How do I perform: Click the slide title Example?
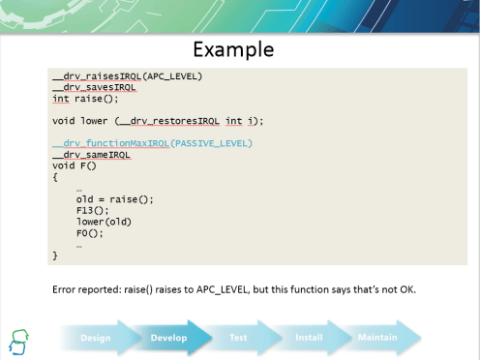[x=232, y=48]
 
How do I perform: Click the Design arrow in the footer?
[x=96, y=338]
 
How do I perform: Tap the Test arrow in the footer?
[x=239, y=338]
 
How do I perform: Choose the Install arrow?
[x=309, y=338]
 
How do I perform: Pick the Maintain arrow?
[x=377, y=338]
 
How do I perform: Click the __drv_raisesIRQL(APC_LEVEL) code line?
[x=127, y=75]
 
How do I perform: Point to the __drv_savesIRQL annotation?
[x=93, y=87]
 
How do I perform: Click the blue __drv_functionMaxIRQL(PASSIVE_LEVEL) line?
[x=152, y=143]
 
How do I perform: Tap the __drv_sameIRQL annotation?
[x=91, y=155]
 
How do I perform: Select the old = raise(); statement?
[x=114, y=199]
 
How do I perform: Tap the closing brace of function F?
[x=55, y=255]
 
